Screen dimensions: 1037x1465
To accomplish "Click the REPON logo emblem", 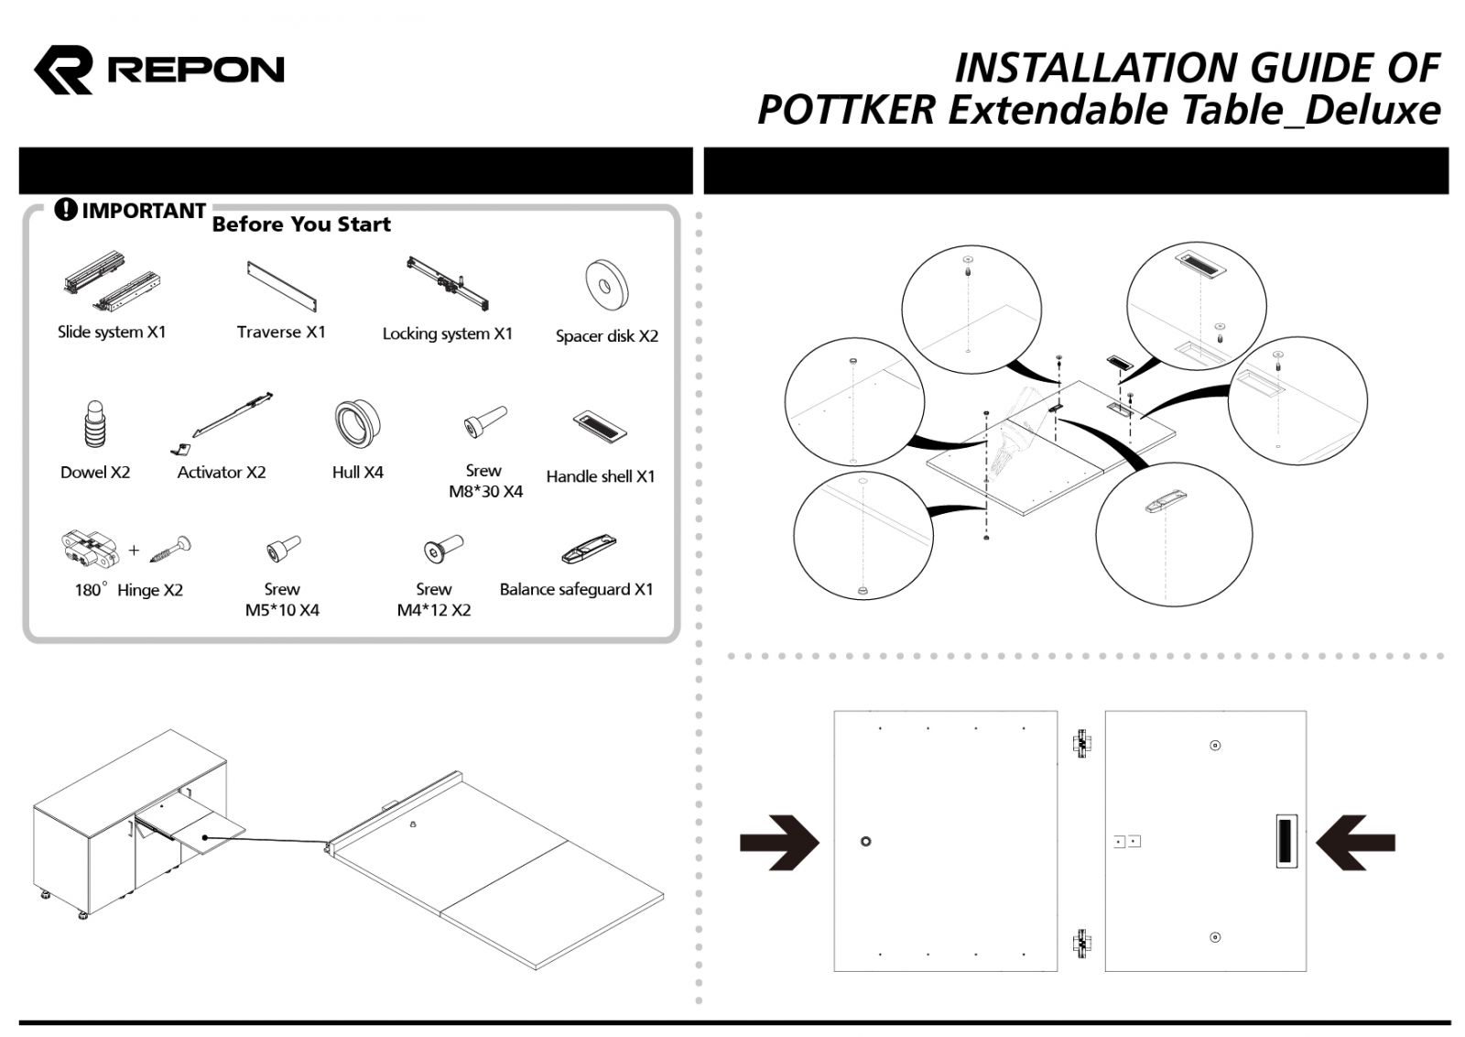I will pyautogui.click(x=63, y=70).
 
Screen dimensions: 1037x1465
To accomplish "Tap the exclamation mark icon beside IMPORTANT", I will pyautogui.click(x=66, y=210).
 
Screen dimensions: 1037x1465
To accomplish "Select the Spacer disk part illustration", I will pyautogui.click(x=605, y=285).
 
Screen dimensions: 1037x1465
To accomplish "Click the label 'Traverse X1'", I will pyautogui.click(x=280, y=332).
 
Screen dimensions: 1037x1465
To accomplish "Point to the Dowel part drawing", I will pyautogui.click(x=95, y=424).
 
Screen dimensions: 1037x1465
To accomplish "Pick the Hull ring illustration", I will pyautogui.click(x=356, y=423).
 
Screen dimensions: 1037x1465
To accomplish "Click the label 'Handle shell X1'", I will pyautogui.click(x=601, y=476).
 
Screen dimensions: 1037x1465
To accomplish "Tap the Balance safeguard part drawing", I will pyautogui.click(x=589, y=551).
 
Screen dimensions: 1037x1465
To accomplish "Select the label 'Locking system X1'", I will pyautogui.click(x=447, y=333).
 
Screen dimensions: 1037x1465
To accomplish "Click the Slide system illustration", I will pyautogui.click(x=113, y=280).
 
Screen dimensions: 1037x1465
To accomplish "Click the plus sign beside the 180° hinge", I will pyautogui.click(x=135, y=551).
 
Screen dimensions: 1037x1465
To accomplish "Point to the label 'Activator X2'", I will pyautogui.click(x=221, y=472).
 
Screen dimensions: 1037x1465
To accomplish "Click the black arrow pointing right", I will pyautogui.click(x=778, y=841).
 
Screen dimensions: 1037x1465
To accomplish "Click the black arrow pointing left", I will pyautogui.click(x=1356, y=841).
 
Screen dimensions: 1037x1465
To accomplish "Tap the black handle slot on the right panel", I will pyautogui.click(x=1286, y=841).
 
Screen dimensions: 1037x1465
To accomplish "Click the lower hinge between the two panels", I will pyautogui.click(x=1081, y=942).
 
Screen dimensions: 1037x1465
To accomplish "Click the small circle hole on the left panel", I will pyautogui.click(x=865, y=841).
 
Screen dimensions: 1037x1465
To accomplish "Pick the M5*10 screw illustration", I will pyautogui.click(x=282, y=550).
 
